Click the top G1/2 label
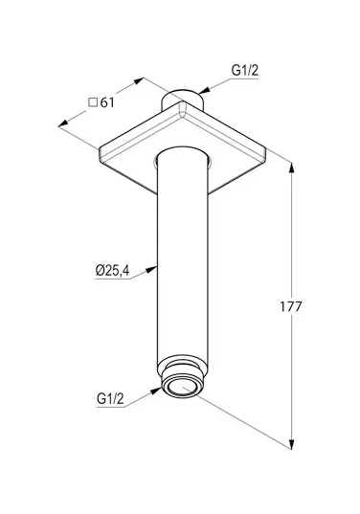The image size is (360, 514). [244, 70]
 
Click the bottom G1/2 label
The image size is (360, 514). [110, 398]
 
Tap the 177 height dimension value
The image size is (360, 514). [290, 306]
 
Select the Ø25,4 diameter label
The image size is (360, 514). [112, 271]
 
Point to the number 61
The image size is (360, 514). [107, 102]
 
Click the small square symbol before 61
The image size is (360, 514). [93, 102]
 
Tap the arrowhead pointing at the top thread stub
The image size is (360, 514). [204, 91]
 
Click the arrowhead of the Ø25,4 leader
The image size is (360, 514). [151, 269]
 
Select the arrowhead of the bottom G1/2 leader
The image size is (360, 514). [156, 391]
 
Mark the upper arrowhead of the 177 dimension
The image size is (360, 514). [291, 168]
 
